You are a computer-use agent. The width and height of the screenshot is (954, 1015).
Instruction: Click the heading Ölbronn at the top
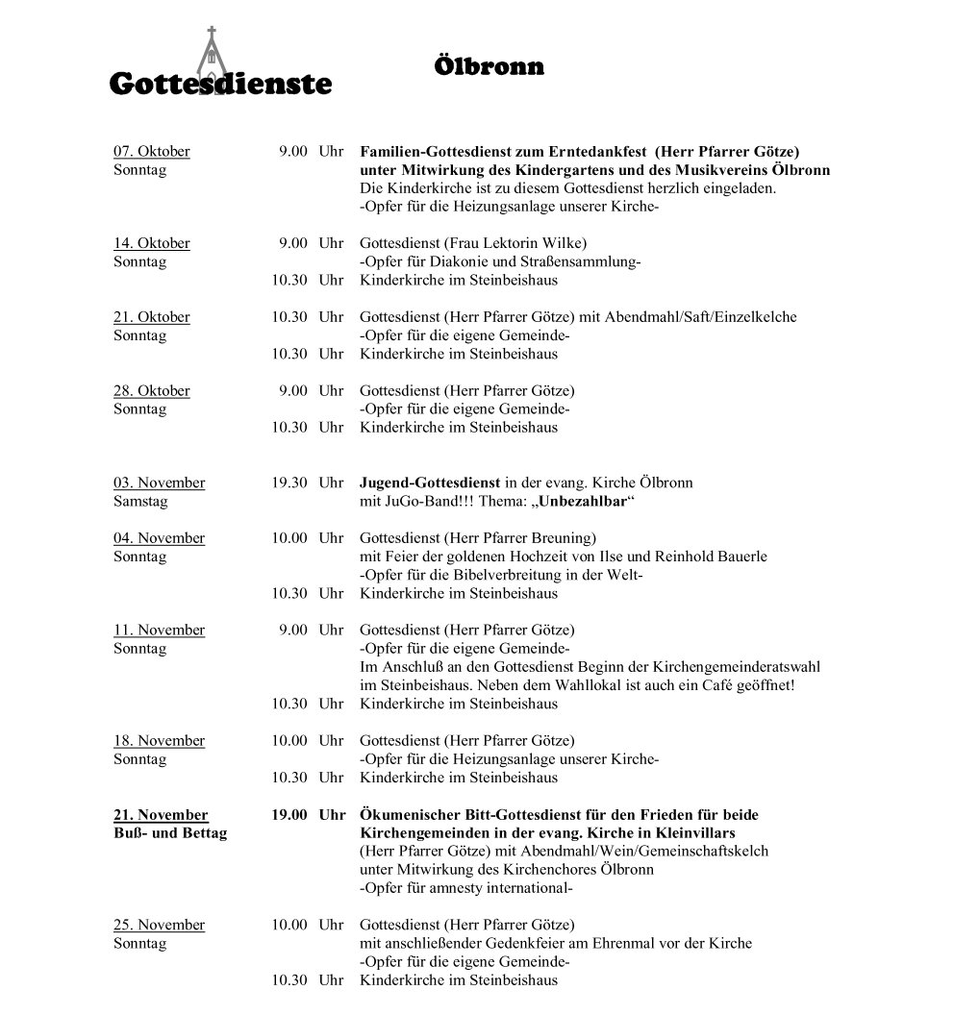click(x=489, y=66)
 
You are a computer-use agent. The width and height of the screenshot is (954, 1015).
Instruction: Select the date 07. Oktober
click(x=152, y=151)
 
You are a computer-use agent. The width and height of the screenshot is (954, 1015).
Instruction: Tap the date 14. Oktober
click(x=152, y=243)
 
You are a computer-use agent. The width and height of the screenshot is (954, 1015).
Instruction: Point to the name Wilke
click(x=562, y=243)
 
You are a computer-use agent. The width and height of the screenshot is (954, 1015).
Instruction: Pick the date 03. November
click(x=159, y=483)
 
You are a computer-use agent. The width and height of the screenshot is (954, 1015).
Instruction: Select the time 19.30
click(x=289, y=483)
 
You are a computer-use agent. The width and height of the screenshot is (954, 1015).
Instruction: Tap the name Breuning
click(x=561, y=538)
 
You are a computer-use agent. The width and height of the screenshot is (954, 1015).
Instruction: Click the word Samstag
click(x=140, y=502)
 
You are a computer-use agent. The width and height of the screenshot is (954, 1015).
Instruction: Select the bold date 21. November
click(x=161, y=815)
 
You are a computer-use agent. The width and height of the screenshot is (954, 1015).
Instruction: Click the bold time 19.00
click(x=289, y=815)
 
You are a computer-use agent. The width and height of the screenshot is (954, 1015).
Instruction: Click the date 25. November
click(x=159, y=925)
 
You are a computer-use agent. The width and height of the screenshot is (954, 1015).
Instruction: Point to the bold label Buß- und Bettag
click(x=170, y=833)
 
